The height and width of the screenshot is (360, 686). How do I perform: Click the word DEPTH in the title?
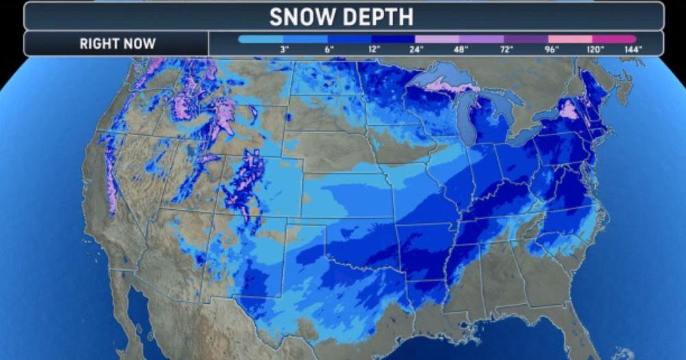tap(379, 16)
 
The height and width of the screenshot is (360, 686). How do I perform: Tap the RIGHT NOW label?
tap(117, 44)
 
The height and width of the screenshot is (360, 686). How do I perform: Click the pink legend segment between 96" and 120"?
tap(570, 39)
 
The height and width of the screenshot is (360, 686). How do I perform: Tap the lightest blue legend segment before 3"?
tap(260, 39)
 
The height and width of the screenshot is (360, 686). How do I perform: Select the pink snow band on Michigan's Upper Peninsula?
tap(449, 86)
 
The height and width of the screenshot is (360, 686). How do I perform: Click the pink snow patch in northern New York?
tap(569, 109)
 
